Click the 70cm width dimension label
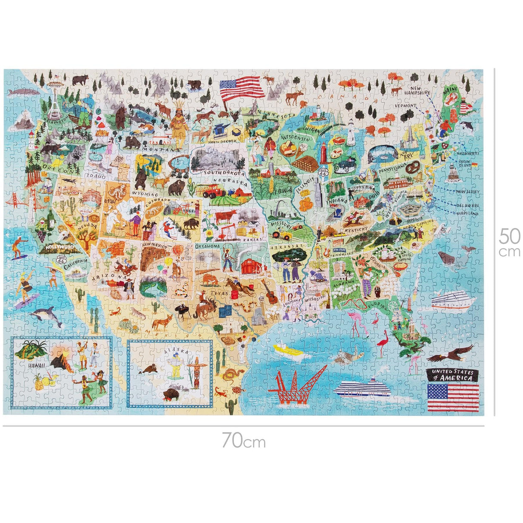(x=243, y=441)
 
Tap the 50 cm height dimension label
(x=510, y=242)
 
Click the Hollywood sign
(x=58, y=247)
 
